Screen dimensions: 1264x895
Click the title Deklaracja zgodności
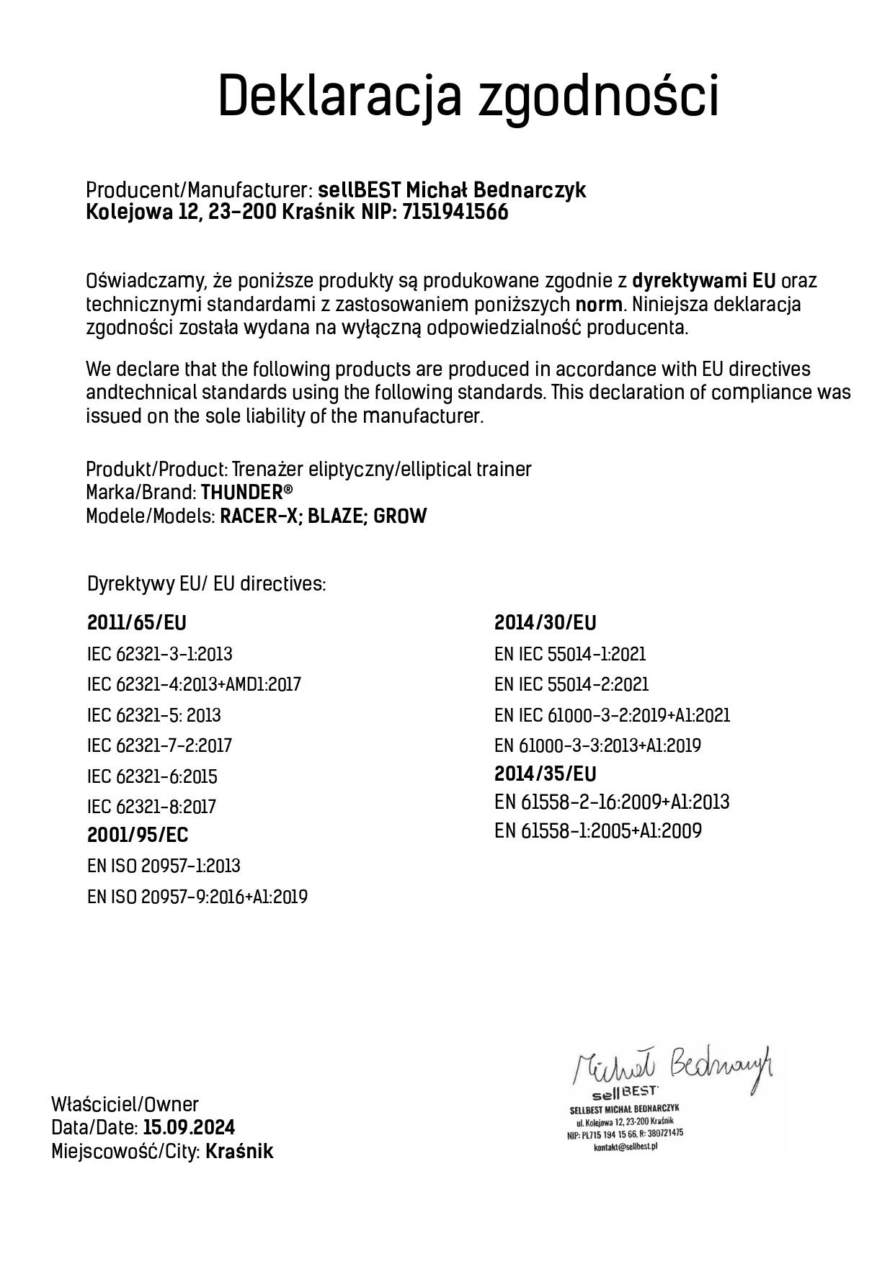(468, 96)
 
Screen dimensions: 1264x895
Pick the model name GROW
(401, 516)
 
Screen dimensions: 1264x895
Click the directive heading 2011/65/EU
(136, 623)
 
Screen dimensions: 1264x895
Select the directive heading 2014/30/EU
(545, 623)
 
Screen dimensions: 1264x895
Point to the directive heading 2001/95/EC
(138, 835)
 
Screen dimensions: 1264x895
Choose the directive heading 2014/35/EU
(545, 774)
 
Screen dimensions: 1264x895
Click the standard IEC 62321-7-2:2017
(159, 745)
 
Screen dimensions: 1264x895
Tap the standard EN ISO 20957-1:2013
(164, 866)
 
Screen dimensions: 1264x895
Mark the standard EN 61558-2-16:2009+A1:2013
(612, 802)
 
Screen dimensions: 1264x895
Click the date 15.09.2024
(189, 1128)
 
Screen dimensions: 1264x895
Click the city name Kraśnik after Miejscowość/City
(239, 1152)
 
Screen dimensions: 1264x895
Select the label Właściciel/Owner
(125, 1104)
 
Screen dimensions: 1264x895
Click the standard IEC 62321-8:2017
(151, 807)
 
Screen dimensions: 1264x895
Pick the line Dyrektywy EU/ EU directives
(206, 584)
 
